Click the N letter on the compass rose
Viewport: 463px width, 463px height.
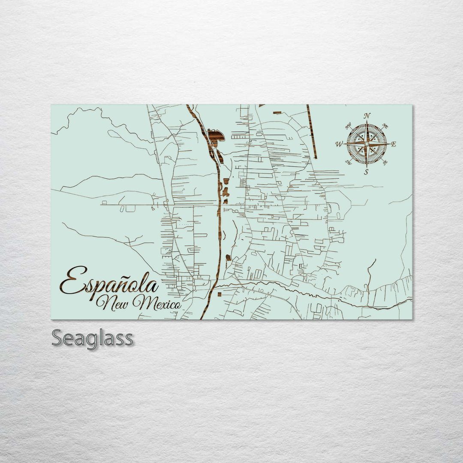click(x=367, y=116)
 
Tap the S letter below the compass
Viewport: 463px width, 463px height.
click(x=366, y=172)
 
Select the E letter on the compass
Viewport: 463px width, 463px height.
click(x=394, y=144)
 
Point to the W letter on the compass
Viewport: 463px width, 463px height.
click(x=339, y=144)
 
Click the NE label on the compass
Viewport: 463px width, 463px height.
click(x=385, y=126)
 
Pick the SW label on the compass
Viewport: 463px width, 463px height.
click(x=348, y=162)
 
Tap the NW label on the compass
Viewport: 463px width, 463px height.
click(x=348, y=126)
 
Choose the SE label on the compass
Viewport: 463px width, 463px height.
click(x=385, y=162)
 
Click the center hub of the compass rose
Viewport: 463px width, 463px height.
click(x=367, y=144)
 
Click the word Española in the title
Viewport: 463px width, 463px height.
click(x=109, y=282)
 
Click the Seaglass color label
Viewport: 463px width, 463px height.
click(x=92, y=339)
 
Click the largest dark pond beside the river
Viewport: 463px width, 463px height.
click(x=216, y=135)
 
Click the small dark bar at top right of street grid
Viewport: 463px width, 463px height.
click(x=277, y=113)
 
